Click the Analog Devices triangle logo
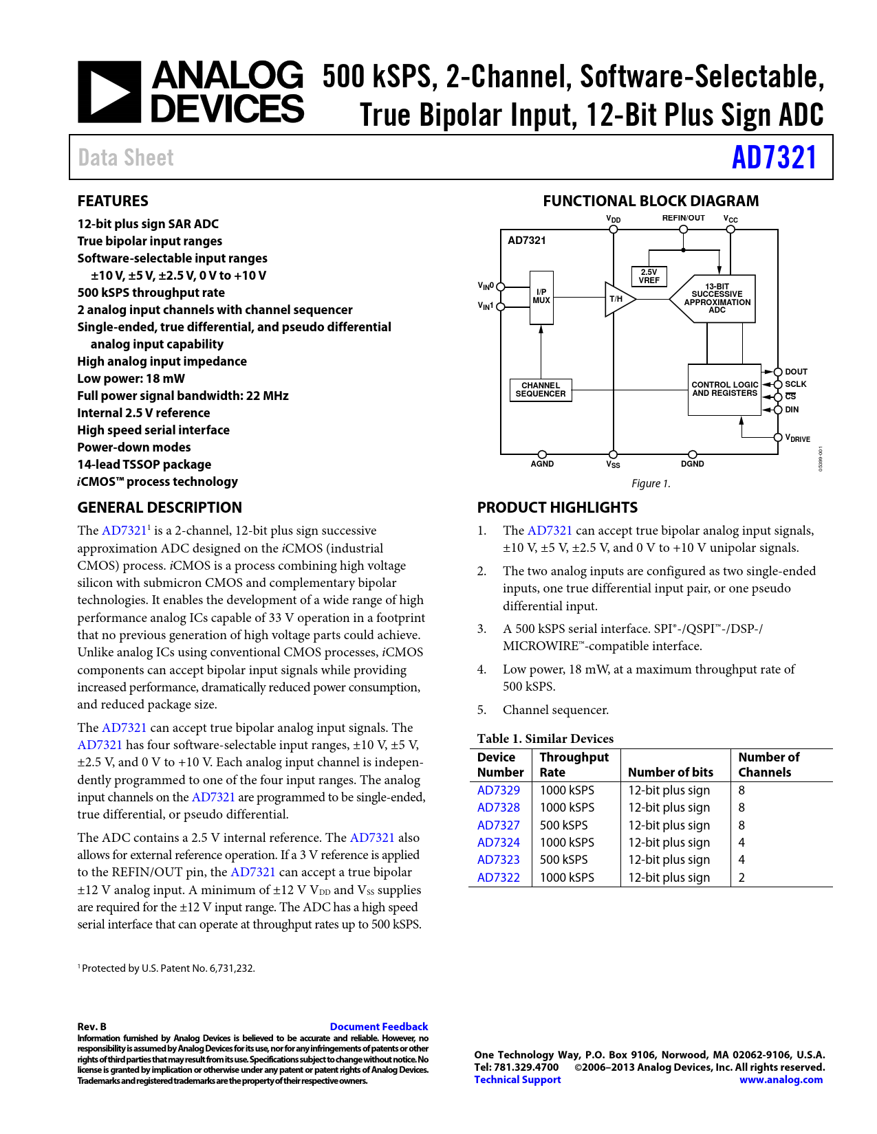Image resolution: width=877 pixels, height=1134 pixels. tap(109, 92)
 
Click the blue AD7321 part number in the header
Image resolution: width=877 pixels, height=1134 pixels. tap(774, 157)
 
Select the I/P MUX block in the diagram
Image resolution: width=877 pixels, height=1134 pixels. tap(541, 297)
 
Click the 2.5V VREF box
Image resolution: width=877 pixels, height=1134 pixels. tap(649, 276)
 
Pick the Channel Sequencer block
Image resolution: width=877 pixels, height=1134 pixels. tap(541, 390)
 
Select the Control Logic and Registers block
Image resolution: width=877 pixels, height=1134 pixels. tap(724, 390)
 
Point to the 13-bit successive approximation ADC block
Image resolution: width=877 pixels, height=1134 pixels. tap(716, 298)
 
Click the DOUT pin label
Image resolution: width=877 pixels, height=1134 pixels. tap(796, 372)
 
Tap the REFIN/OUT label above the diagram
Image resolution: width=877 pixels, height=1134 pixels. tap(683, 218)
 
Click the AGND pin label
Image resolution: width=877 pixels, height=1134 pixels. tap(542, 464)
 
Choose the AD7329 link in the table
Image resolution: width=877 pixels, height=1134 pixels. tap(499, 790)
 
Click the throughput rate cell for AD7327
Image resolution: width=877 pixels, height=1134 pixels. tap(564, 825)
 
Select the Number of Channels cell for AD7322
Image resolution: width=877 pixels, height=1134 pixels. tap(741, 878)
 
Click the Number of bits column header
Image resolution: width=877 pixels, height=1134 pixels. tap(671, 772)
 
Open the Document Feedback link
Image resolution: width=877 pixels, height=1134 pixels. tap(379, 1027)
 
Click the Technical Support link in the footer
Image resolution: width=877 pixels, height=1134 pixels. tap(517, 1080)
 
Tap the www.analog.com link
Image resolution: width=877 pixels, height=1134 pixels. tap(781, 1080)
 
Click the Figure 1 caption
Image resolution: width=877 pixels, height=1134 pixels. tap(651, 484)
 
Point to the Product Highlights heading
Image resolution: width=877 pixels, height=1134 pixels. tap(557, 508)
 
